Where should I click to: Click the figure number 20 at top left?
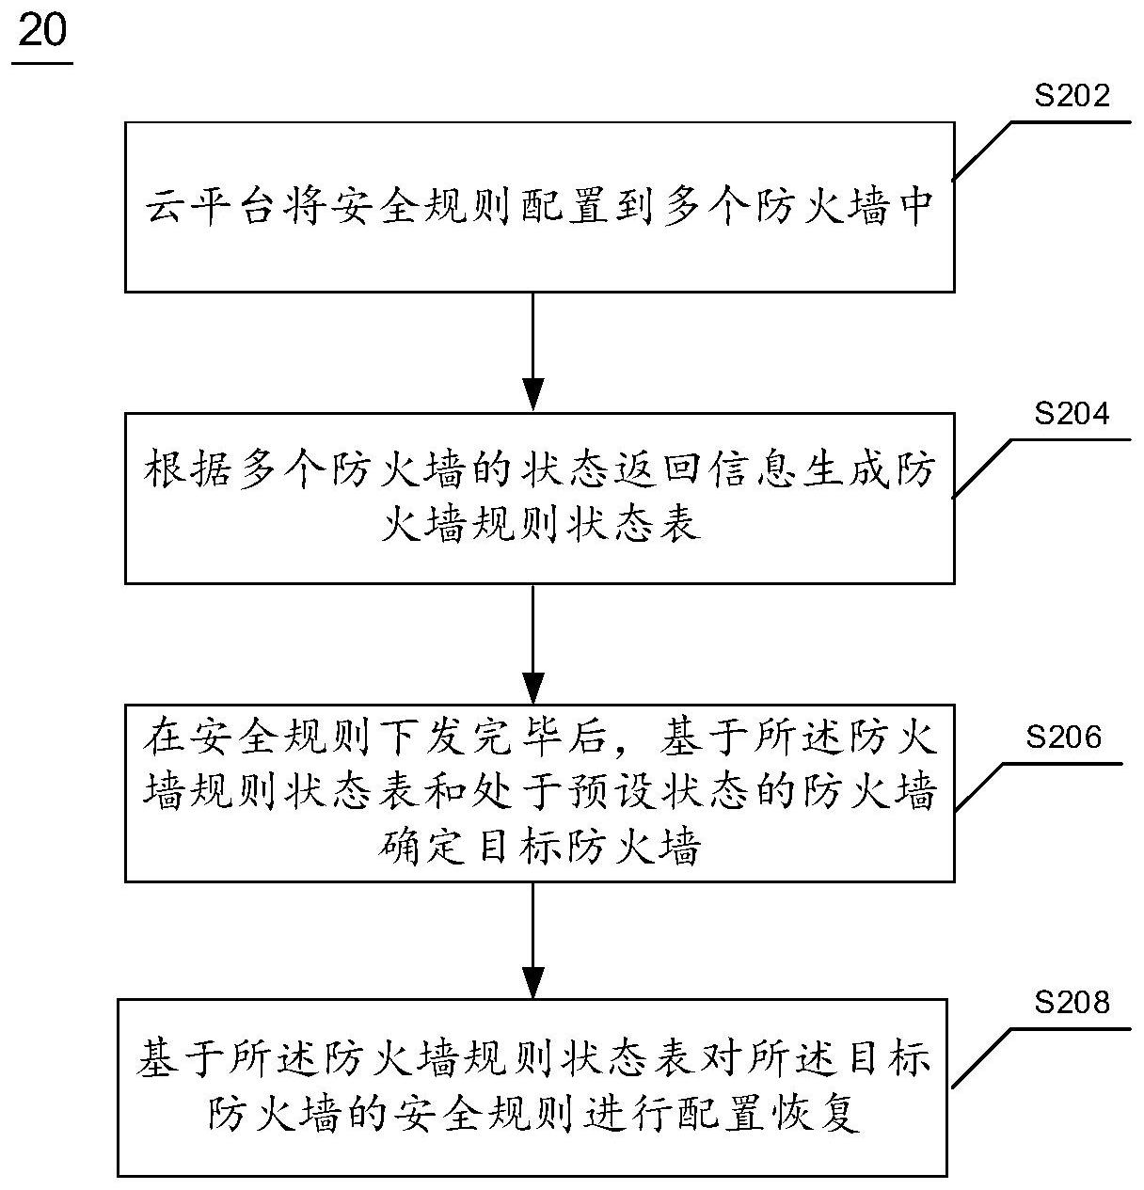coord(42,33)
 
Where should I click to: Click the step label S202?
coord(1072,95)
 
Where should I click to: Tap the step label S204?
coord(1072,413)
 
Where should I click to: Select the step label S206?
coord(1063,737)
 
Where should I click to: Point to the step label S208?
coord(1072,1003)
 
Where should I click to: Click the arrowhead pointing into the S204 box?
coord(533,394)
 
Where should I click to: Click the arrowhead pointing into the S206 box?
coord(533,687)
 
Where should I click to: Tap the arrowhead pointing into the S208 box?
coord(533,981)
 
